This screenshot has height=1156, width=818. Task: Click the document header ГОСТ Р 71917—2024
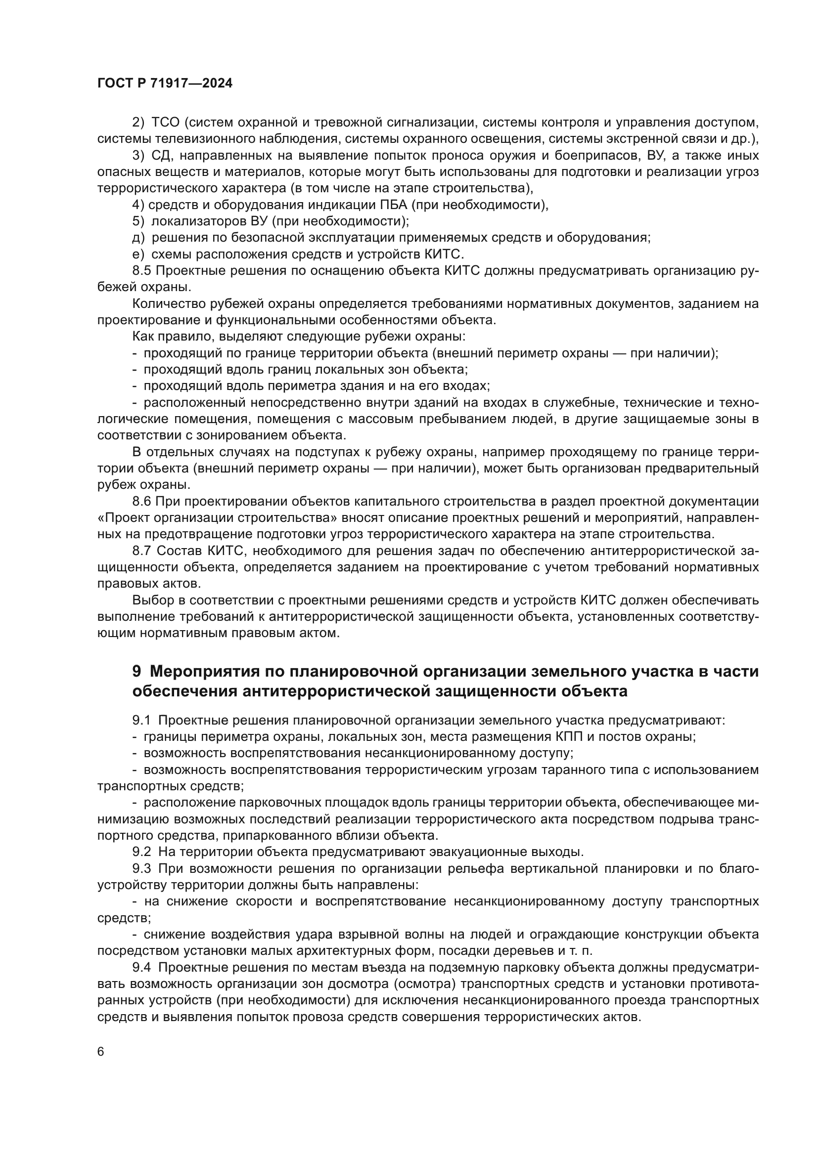pos(165,84)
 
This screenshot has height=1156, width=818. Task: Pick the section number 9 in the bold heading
pos(136,672)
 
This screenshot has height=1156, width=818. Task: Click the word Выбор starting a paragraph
pos(153,600)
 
